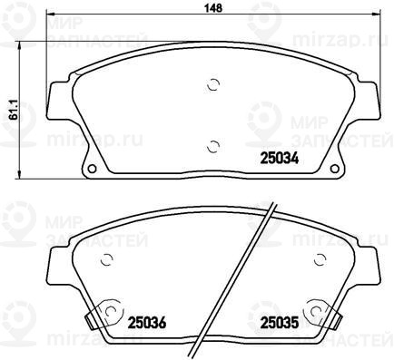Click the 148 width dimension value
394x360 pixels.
tap(213, 8)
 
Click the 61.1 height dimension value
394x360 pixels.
tap(14, 111)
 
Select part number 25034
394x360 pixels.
tap(280, 158)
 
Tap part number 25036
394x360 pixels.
tap(147, 323)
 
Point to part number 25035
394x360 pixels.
tap(280, 323)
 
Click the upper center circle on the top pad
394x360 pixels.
tap(213, 85)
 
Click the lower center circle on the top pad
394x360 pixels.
tap(213, 147)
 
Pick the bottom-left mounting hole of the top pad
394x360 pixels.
tap(92, 169)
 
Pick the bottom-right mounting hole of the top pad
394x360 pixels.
tap(335, 169)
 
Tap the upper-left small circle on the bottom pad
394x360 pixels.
tap(106, 259)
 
